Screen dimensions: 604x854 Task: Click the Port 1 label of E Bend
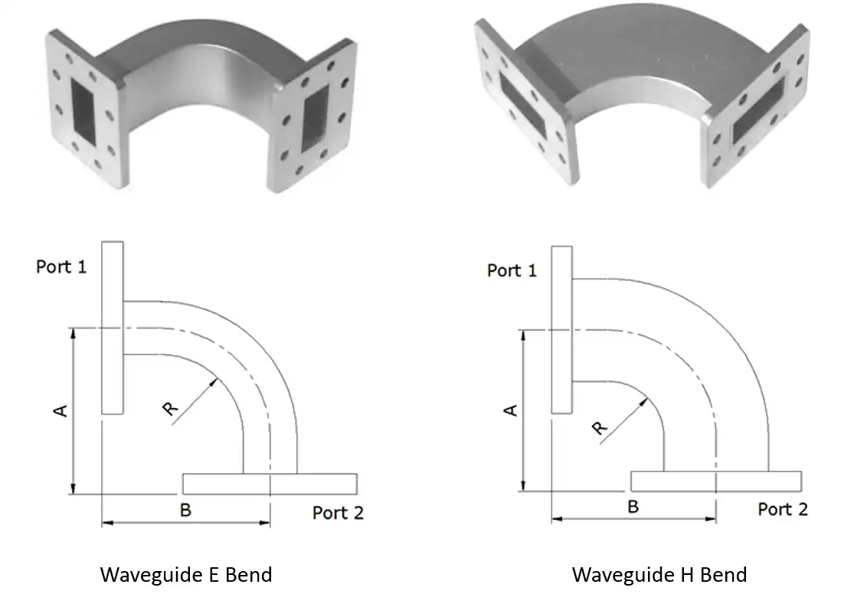[x=61, y=267]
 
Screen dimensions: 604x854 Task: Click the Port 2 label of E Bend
[x=338, y=512]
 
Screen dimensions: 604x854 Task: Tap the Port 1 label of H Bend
[x=512, y=270]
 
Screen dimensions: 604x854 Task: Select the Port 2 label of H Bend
[x=783, y=509]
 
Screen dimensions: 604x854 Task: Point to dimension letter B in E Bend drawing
[x=185, y=510]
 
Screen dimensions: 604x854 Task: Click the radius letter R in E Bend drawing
[x=171, y=410]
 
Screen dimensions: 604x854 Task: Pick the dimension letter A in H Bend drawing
[x=511, y=410]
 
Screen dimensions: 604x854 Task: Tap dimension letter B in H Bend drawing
[x=633, y=507]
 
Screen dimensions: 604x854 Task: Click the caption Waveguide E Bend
[x=186, y=574]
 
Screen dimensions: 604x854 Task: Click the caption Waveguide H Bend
[x=659, y=574]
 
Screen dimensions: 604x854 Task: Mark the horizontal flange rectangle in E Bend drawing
[x=270, y=483]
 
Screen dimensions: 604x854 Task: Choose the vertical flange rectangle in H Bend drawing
[x=561, y=329]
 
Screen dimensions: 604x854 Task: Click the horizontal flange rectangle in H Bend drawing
[x=716, y=481]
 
